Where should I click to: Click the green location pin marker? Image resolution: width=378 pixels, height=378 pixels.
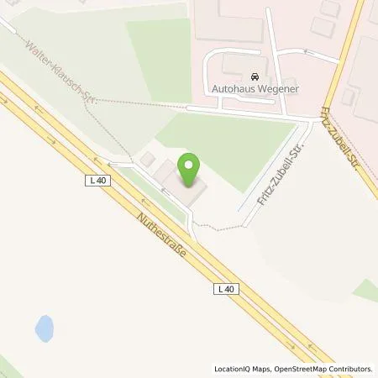[190, 170]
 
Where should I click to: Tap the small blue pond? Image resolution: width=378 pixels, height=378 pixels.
[45, 328]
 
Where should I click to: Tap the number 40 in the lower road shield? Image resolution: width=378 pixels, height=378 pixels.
[229, 288]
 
